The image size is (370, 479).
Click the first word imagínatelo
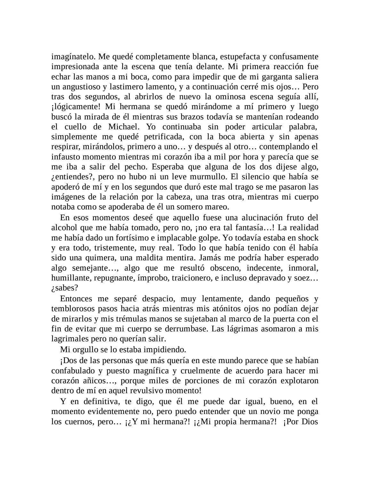click(x=73, y=57)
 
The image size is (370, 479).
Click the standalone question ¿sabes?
click(x=64, y=288)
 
